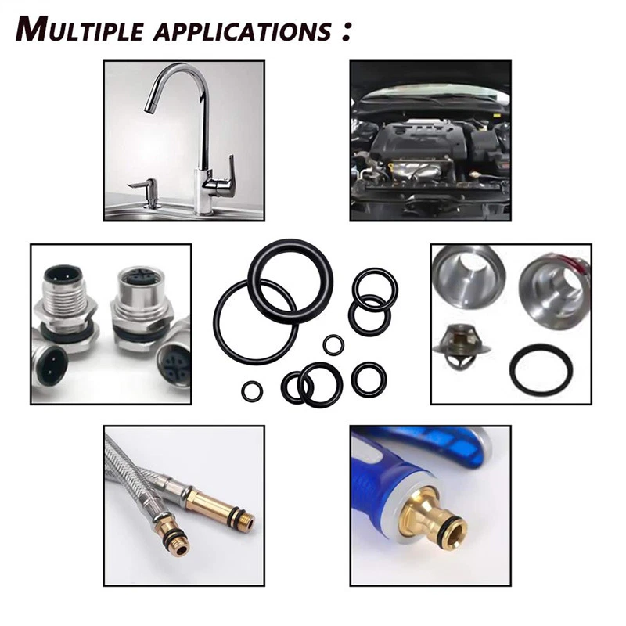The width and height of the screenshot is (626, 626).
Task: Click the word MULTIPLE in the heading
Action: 80,29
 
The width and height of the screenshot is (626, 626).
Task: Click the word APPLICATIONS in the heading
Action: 243,31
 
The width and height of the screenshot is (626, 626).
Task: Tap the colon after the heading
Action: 346,31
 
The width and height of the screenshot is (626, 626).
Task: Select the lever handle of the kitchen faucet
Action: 223,176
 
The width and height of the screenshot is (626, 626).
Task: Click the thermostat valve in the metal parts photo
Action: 461,347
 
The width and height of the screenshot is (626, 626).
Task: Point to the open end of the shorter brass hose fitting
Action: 182,550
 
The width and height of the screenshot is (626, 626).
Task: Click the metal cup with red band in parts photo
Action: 554,290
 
